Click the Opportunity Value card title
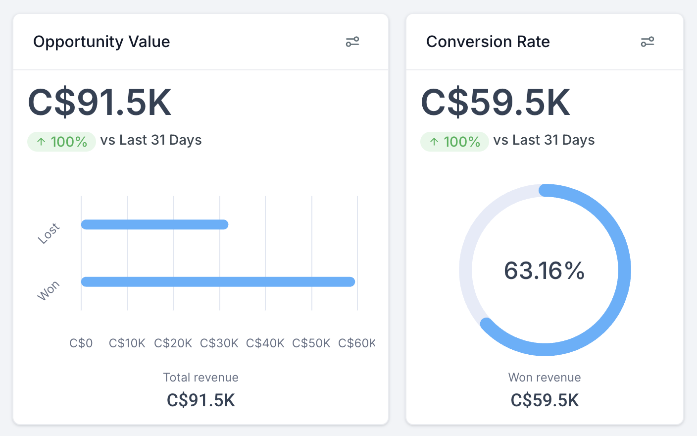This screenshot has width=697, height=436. [x=101, y=42]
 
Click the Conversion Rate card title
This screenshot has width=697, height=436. [x=488, y=42]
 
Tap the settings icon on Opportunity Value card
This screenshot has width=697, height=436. [x=352, y=42]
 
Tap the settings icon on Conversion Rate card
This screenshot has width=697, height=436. [x=647, y=42]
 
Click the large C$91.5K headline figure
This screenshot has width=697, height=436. [x=100, y=103]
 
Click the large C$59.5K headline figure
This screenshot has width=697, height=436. [x=496, y=103]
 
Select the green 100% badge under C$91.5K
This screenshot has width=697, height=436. [x=61, y=142]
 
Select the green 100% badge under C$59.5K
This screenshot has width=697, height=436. [x=454, y=142]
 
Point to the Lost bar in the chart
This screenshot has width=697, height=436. [x=154, y=224]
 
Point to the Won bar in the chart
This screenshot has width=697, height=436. [x=218, y=282]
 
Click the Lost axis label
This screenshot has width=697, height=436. [x=49, y=233]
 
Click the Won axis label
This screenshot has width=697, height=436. [x=49, y=291]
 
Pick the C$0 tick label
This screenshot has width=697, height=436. [x=81, y=343]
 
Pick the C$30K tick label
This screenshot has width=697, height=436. [x=219, y=343]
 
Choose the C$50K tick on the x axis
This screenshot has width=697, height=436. [x=311, y=343]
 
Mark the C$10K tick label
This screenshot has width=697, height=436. [x=127, y=343]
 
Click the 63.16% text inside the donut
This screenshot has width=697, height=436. [x=545, y=271]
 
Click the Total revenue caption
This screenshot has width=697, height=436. [x=200, y=378]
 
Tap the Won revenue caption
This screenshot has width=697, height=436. [x=545, y=378]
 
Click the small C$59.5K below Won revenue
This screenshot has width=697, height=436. [x=545, y=400]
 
